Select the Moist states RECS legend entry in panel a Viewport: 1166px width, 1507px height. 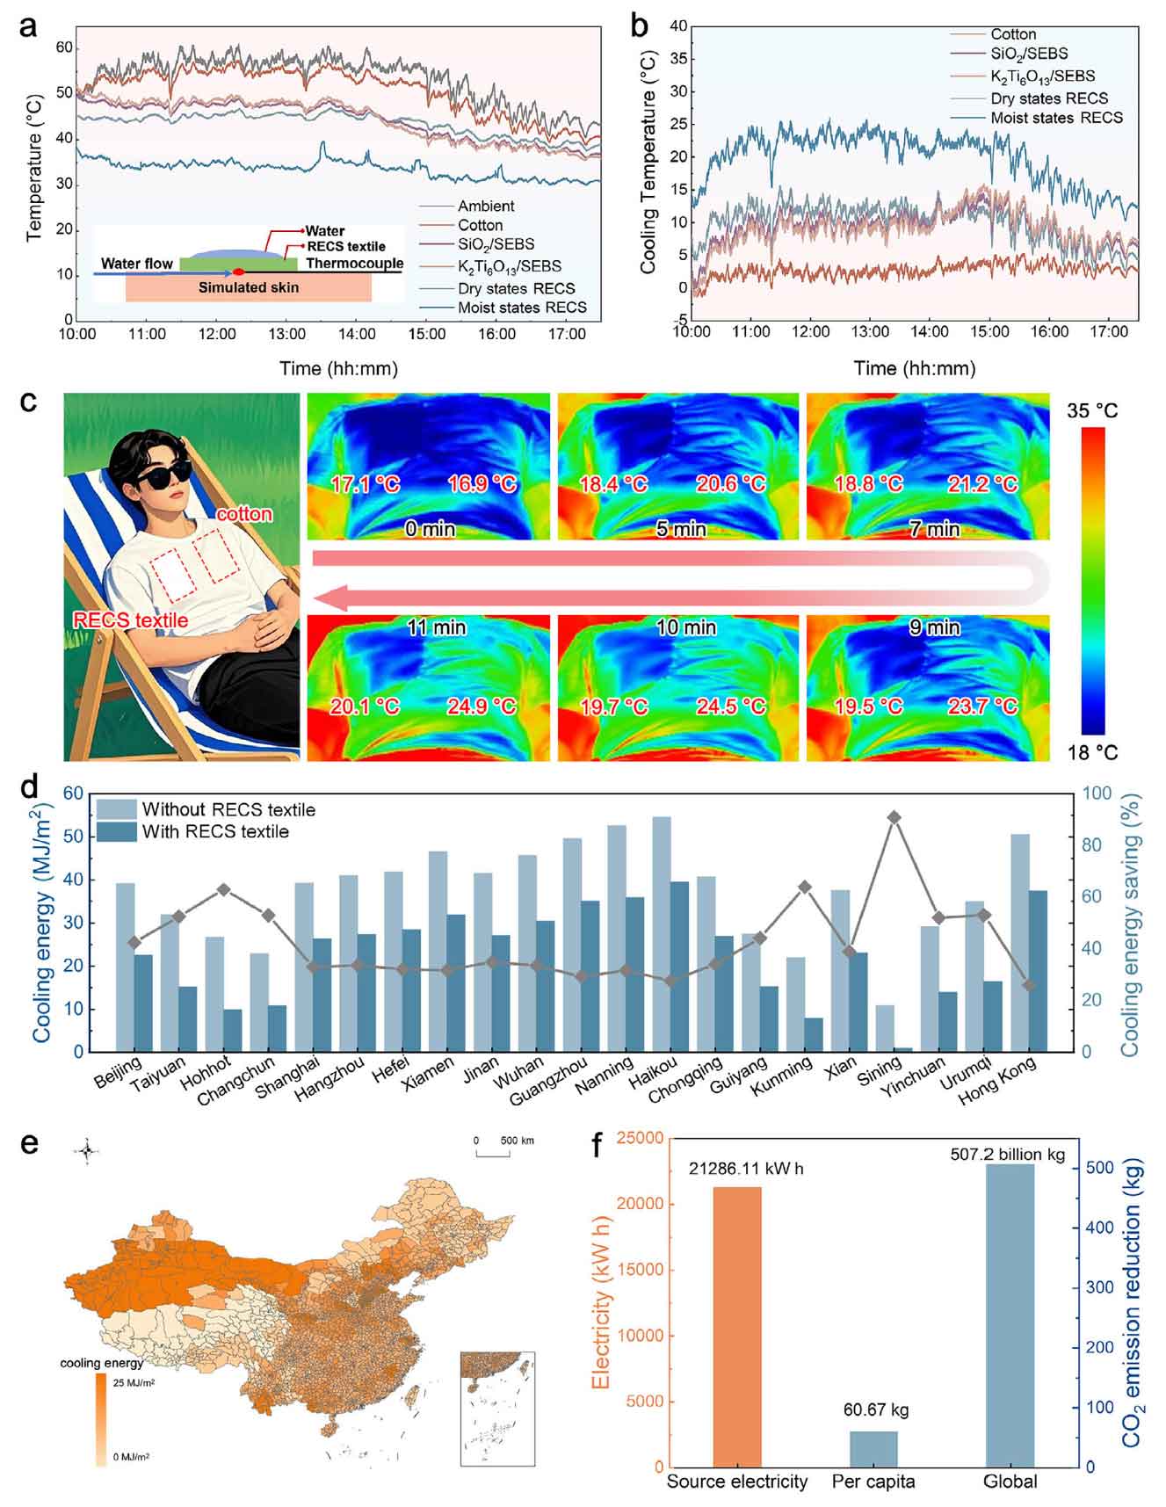point(522,308)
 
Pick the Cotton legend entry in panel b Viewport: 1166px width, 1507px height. point(1013,34)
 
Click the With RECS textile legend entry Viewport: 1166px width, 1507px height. point(215,831)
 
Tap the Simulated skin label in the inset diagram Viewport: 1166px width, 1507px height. point(248,287)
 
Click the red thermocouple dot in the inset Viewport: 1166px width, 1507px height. point(237,273)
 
